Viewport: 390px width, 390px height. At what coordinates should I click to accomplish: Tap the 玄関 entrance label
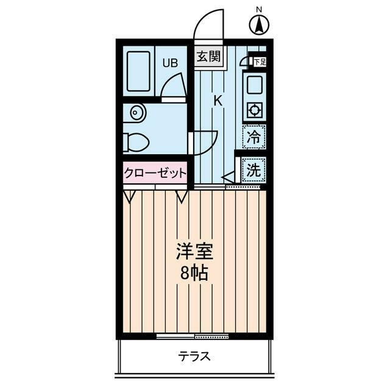click(208, 56)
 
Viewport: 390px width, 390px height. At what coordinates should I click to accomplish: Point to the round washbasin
click(136, 112)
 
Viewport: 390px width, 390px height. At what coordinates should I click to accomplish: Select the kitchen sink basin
click(253, 83)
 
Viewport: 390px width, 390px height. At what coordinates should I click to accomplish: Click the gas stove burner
click(253, 111)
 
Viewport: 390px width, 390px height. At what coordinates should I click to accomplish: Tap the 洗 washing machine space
click(253, 171)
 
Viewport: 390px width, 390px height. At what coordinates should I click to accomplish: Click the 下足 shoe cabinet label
click(260, 62)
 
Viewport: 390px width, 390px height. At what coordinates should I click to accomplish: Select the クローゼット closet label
click(155, 173)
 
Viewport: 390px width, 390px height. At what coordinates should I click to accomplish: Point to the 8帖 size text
click(193, 272)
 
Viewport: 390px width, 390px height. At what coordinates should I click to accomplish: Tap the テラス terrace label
click(194, 356)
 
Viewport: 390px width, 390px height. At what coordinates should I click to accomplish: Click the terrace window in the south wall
click(192, 336)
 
